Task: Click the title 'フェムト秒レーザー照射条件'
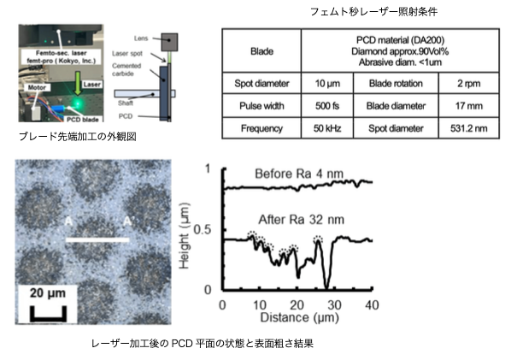coord(369,11)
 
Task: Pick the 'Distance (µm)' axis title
coord(297,321)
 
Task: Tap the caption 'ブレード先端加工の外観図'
coord(78,137)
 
